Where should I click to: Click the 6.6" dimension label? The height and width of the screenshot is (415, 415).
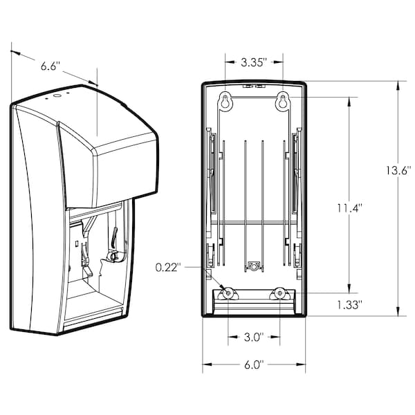coord(50,66)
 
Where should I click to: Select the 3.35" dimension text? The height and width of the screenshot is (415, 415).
coord(253,62)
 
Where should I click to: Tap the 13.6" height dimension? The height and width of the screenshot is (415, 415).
coord(398,171)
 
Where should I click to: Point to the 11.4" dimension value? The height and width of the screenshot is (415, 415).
coord(349,208)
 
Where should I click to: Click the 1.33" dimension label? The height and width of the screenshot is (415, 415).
coord(349,305)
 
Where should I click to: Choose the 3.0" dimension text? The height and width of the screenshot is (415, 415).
coord(254,338)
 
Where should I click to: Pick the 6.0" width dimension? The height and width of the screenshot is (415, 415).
coord(254,365)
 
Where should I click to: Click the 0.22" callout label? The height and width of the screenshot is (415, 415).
coord(168,267)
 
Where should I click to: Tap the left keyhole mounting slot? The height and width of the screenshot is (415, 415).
coord(225,101)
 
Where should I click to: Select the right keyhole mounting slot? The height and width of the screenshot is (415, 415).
coord(283,101)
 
